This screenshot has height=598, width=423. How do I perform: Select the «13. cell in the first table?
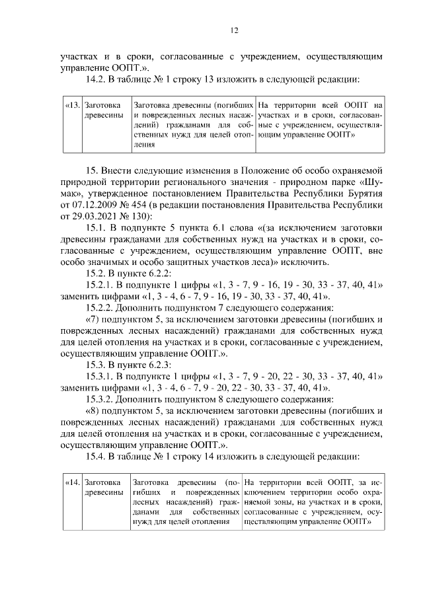tap(73, 105)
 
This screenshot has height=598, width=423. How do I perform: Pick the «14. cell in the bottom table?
tap(72, 483)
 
